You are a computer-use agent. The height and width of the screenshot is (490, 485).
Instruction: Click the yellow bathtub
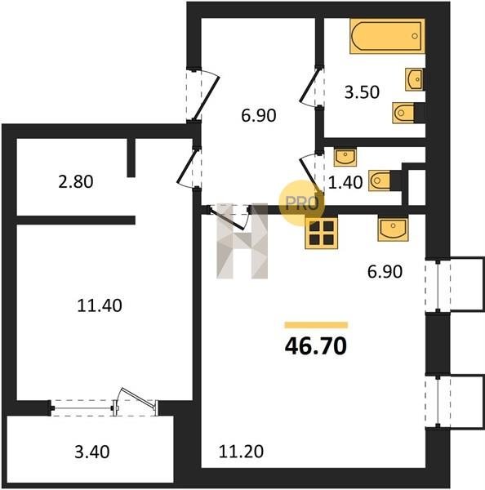coord(387,36)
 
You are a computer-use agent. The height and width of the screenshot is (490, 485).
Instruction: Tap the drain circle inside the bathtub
coord(415,36)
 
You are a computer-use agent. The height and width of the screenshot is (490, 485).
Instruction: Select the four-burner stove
coord(321,234)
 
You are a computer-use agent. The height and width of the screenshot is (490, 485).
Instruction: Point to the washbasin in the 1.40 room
coord(345,157)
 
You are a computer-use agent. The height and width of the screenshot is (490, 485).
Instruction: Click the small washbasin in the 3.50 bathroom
coord(415,79)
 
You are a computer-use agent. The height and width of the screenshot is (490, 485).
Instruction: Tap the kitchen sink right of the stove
coord(393,229)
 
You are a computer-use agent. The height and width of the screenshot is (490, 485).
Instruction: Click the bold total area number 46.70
coord(316,346)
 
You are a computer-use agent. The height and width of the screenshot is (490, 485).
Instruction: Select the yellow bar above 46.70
coord(316,325)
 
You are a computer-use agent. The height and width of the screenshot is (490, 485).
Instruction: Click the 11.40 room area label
coord(100,305)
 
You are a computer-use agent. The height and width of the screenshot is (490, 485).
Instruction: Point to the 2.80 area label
coord(76,181)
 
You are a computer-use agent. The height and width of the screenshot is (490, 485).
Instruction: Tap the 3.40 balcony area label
coord(92,452)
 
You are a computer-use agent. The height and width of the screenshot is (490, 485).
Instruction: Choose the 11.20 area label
coord(241,452)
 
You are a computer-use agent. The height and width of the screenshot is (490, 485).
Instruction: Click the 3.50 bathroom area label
coord(362,92)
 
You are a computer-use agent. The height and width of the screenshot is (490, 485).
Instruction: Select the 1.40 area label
coord(345,182)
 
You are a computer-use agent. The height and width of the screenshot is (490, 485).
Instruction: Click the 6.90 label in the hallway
coord(259,116)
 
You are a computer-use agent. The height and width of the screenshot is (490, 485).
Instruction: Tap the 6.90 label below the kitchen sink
coord(385,272)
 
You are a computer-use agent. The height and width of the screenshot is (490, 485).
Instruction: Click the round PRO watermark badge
coord(301,203)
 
